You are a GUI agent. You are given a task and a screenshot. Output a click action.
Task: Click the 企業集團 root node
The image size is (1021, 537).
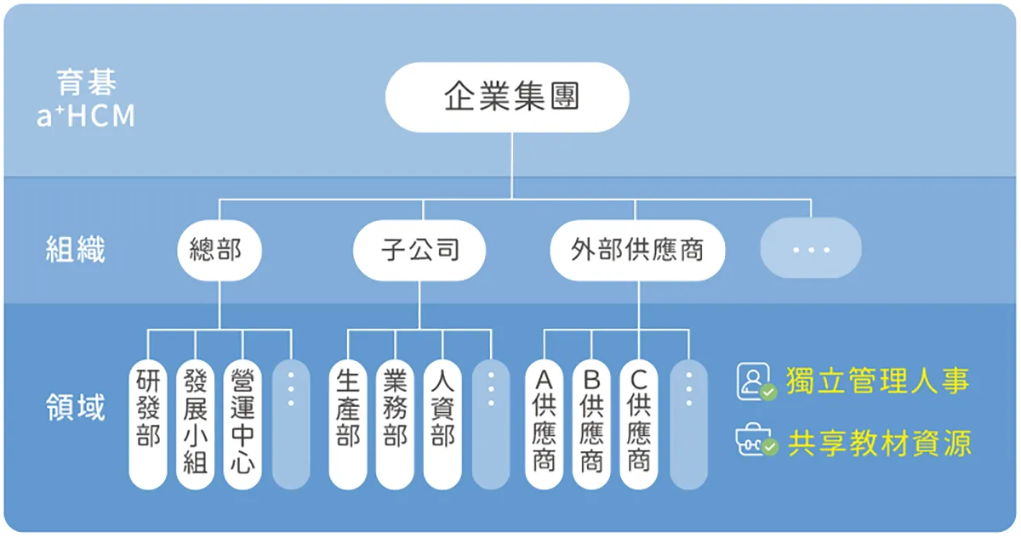[x=507, y=97]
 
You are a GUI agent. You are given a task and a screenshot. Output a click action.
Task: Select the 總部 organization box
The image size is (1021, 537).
[x=220, y=250]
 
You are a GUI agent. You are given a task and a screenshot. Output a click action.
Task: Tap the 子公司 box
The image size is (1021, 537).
[x=419, y=250]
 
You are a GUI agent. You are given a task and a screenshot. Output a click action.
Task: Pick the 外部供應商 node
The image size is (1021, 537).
[x=638, y=250]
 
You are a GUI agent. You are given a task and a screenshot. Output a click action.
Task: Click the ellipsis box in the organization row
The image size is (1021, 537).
[x=811, y=249]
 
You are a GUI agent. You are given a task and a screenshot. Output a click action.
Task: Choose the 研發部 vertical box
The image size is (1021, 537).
[x=148, y=424]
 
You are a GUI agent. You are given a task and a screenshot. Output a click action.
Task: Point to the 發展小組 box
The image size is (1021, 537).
[x=196, y=424]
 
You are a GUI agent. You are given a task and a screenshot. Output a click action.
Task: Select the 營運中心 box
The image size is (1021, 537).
[x=243, y=424]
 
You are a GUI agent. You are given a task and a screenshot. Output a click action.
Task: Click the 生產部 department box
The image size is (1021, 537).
[x=348, y=424]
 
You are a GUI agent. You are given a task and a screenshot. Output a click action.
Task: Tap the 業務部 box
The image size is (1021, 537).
[x=395, y=424]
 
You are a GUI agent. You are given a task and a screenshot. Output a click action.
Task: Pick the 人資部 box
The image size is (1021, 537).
[x=442, y=424]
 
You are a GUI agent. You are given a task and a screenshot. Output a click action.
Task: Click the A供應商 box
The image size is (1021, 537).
[x=544, y=424]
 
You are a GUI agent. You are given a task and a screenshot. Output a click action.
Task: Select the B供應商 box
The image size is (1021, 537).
[x=591, y=424]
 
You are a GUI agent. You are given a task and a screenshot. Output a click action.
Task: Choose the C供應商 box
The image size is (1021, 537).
[x=639, y=424]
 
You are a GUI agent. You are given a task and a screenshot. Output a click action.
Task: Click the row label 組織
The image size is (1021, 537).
[x=75, y=250]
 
